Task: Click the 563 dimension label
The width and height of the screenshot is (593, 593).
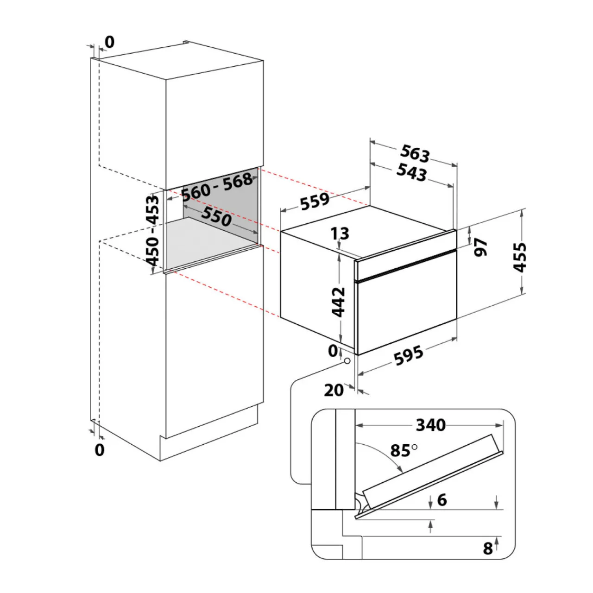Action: pos(415,153)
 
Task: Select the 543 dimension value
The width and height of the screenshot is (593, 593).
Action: pos(412,172)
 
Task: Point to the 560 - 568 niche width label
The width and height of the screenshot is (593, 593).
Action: pos(217,187)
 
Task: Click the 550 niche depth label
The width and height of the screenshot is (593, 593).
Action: pos(216,216)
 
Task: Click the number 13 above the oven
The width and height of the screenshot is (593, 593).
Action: pos(340,233)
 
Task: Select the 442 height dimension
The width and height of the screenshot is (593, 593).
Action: pos(338,302)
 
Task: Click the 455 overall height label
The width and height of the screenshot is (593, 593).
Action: pos(520,257)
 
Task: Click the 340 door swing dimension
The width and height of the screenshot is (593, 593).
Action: pos(431,425)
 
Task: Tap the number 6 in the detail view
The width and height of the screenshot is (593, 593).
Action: pos(442,500)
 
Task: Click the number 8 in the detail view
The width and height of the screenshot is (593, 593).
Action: pos(488,549)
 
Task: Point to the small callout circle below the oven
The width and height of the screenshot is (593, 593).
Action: pos(347,360)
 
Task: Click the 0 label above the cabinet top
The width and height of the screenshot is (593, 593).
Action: pos(109,42)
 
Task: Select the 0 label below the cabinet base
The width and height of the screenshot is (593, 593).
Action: pos(100,450)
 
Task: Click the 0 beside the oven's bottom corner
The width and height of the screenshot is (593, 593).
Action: pos(333,351)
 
